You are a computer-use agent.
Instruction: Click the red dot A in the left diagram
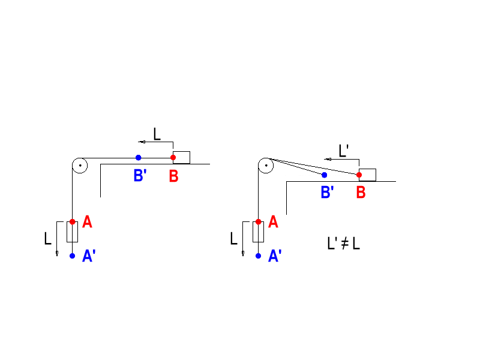pos(72,222)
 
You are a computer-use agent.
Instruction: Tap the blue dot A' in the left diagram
pos(72,256)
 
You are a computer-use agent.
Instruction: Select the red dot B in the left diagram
pos(173,158)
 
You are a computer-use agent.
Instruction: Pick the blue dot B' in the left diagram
pos(138,158)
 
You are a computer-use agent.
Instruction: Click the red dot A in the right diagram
pos(258,222)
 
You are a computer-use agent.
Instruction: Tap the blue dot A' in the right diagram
pos(258,256)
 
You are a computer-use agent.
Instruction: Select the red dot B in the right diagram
pos(359,175)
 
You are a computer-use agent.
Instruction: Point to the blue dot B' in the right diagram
pos(324,175)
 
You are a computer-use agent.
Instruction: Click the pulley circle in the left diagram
pos(79,165)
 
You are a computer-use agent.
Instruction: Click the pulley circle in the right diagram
pos(265,165)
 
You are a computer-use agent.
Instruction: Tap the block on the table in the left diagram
pos(182,157)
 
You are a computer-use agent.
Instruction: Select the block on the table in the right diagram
pos(368,175)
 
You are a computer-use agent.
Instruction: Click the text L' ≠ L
pos(343,244)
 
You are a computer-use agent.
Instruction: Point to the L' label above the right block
pos(344,151)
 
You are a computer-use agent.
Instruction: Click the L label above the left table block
pos(157,134)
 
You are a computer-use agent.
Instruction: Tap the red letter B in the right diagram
pos(361,193)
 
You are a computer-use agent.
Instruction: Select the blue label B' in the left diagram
pos(140,176)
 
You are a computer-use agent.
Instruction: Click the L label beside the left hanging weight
pos(48,239)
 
